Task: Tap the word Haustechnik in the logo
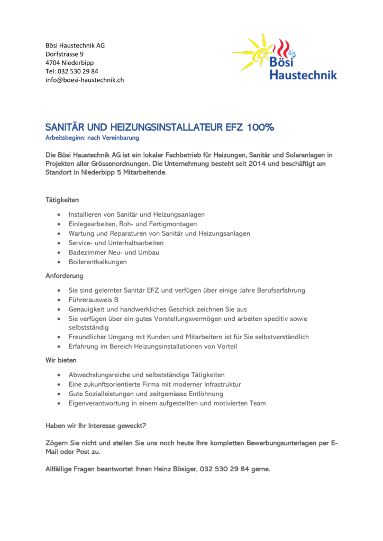[x=303, y=76]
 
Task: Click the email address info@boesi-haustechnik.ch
[x=85, y=80]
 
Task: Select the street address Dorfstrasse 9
[x=65, y=54]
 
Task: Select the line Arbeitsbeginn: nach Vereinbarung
[x=92, y=138]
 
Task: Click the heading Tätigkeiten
[x=62, y=200]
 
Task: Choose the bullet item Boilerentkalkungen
[x=97, y=262]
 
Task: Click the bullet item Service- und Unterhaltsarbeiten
[x=116, y=242]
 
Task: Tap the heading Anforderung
[x=64, y=276]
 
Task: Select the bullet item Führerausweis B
[x=93, y=300]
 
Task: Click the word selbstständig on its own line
[x=88, y=328]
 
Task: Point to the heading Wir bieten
[x=61, y=360]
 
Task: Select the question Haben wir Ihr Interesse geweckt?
[x=96, y=425]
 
